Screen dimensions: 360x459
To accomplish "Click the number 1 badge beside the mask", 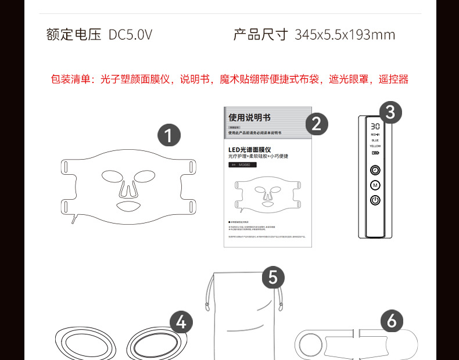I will coord(169,136).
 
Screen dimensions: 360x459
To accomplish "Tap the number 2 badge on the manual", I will coord(317,124).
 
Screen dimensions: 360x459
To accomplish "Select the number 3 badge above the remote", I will coord(390,112).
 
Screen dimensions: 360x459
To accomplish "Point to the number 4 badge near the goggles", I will coord(181,322).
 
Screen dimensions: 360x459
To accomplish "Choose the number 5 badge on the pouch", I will coord(273,277).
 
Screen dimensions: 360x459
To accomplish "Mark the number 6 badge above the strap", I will coord(392,321).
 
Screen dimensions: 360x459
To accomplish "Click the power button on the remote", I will coord(375,200).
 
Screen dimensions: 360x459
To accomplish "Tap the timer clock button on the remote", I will coord(375,170).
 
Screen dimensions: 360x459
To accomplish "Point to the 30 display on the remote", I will coord(375,125).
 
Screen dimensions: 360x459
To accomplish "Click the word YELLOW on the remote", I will coord(375,146).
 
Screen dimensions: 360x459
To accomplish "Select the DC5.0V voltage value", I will coord(130,35).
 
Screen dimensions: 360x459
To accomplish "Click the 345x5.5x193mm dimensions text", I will coord(345,35).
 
